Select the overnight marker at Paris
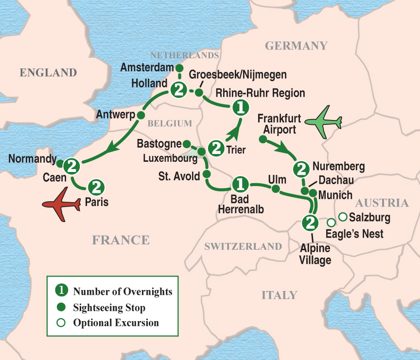(96, 186)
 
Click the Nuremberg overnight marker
(301, 169)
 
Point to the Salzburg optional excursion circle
(343, 216)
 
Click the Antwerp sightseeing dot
(141, 115)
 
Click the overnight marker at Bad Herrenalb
(239, 184)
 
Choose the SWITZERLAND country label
(243, 247)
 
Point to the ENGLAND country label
(48, 73)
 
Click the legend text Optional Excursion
(116, 322)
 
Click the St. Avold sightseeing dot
(206, 173)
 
